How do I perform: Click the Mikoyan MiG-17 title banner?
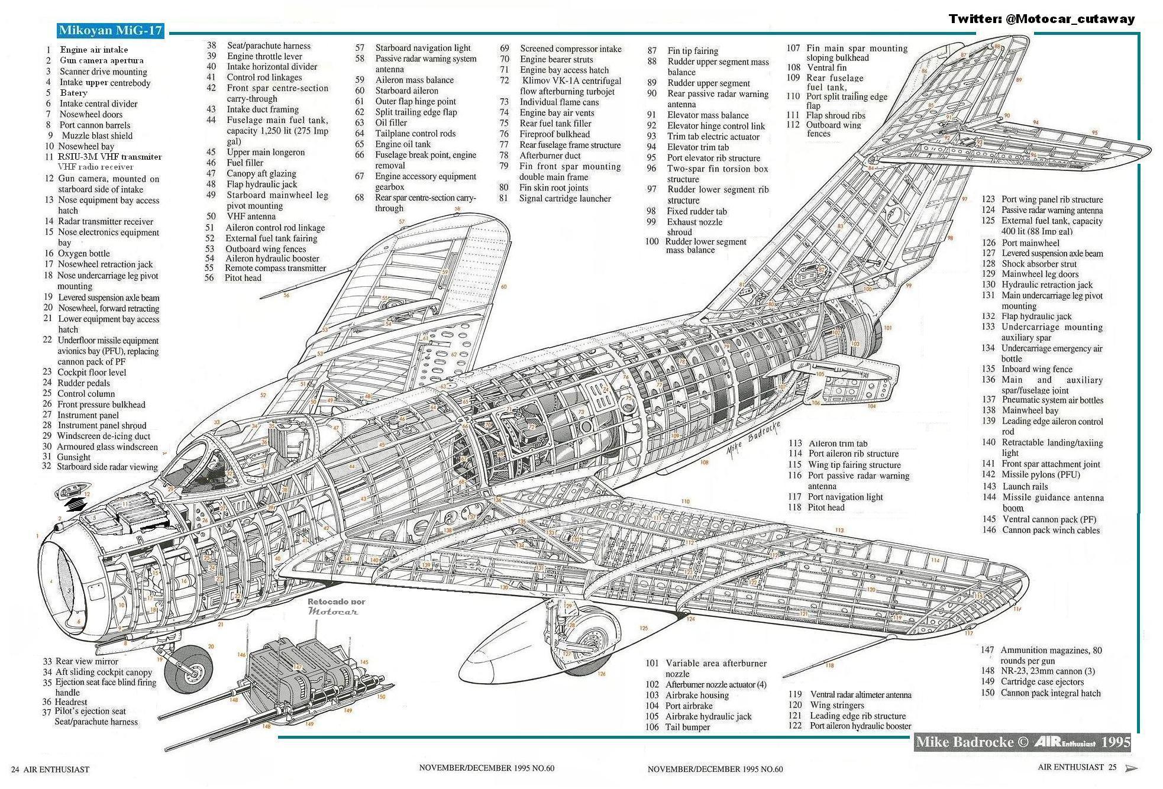tap(111, 31)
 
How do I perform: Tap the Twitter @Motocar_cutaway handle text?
tap(1041, 19)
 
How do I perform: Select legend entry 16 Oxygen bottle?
tap(83, 254)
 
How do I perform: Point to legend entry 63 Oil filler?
tap(390, 123)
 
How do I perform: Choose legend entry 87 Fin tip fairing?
tap(692, 51)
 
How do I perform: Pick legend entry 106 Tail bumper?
tap(686, 727)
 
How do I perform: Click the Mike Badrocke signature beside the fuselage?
tap(751, 438)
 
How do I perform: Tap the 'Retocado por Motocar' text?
tap(336, 606)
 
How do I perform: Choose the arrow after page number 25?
tap(1130, 768)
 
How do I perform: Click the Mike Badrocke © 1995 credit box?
tap(1022, 742)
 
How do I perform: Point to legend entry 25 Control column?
tap(86, 394)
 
